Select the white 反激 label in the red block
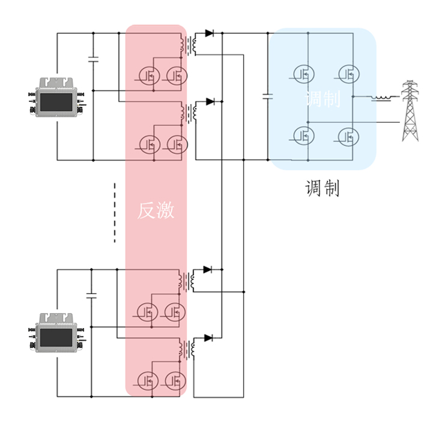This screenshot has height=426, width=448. pos(156,210)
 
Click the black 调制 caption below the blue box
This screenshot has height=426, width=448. pos(322,189)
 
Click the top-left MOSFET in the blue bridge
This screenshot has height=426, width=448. pos(304,74)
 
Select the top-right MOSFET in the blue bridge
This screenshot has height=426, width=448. pos(348,74)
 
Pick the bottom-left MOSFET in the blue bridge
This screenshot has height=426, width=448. pos(304,136)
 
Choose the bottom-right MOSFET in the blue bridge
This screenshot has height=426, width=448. pos(348,136)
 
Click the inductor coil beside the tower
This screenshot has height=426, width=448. pos(381,97)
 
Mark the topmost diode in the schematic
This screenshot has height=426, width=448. pos(209,34)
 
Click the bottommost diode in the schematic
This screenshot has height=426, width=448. pos(208,338)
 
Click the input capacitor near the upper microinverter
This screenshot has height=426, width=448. pos(93,59)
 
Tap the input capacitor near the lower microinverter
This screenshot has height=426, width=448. pos(91,295)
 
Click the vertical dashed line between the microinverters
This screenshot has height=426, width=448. pos(114,213)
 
